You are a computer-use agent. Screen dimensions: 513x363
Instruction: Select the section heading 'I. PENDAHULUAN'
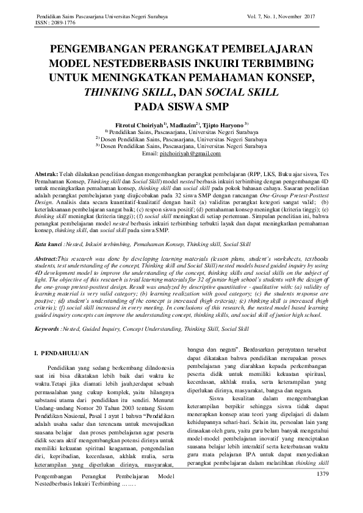pos(61,353)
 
